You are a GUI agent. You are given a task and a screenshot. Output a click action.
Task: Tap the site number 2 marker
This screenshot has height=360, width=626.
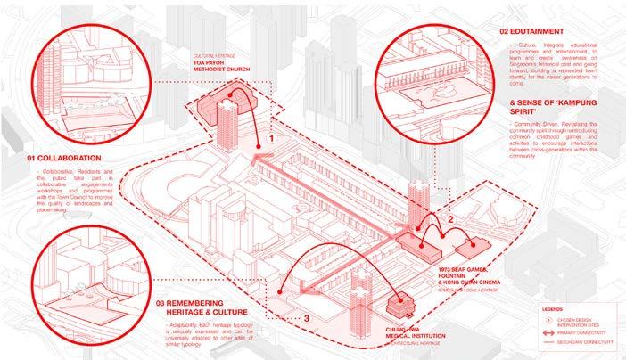(451, 217)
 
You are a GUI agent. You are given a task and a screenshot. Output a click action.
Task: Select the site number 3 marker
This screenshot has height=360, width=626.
(305, 316)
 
